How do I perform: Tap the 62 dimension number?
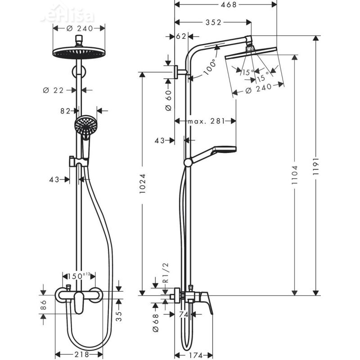(x=181, y=36)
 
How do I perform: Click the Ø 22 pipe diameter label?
(x=54, y=90)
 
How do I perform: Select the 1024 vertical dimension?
(x=143, y=184)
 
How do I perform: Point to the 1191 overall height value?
(x=316, y=169)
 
